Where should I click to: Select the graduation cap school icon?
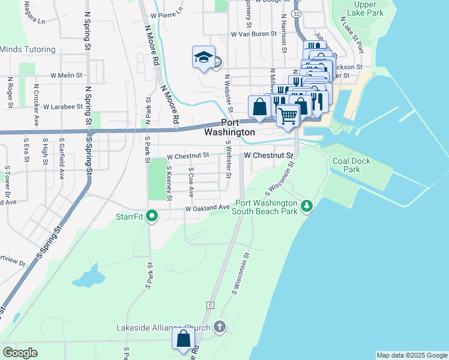(203, 58)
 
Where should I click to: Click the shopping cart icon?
(288, 115)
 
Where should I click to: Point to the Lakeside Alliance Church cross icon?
(220, 328)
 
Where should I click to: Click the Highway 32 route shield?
(296, 13)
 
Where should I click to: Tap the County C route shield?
(210, 305)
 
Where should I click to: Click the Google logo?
(20, 352)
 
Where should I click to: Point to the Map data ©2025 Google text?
(411, 355)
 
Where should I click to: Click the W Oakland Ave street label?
(208, 208)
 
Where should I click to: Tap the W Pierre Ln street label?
(166, 15)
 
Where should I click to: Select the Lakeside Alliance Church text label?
(163, 328)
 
